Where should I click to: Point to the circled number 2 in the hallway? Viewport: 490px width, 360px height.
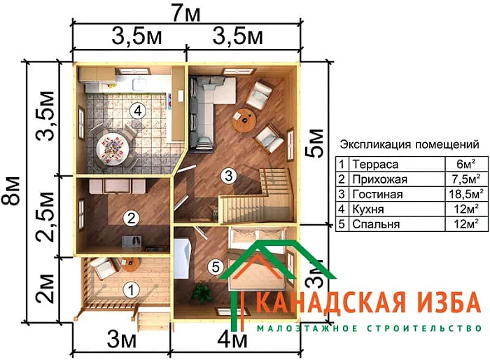129,218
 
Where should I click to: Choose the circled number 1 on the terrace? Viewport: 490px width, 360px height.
129,288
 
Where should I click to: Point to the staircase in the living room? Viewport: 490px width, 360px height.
262,193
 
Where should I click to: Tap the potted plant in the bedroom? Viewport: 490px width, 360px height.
203,293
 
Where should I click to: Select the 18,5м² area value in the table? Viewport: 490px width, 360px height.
463,194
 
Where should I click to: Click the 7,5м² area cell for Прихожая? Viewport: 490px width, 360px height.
463,179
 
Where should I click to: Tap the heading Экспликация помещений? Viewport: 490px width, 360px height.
409,145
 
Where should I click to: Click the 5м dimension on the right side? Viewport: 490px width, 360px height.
318,141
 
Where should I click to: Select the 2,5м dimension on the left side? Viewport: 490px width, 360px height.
45,216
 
